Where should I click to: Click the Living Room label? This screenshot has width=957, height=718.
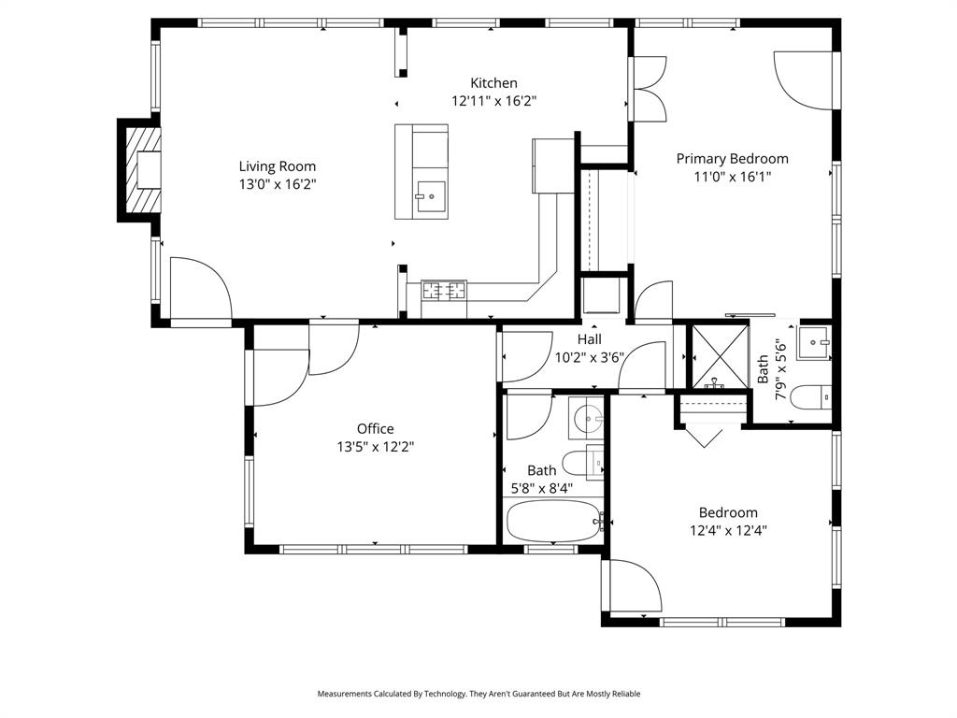(x=277, y=166)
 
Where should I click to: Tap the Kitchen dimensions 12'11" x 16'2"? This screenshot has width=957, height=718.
(x=493, y=101)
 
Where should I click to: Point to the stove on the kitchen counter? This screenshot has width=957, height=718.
(x=444, y=291)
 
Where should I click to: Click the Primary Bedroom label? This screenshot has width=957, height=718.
(x=732, y=159)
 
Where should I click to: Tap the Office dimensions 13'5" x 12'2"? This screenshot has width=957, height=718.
(x=375, y=447)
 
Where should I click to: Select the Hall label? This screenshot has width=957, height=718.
(x=589, y=339)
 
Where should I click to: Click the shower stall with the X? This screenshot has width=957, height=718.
(x=719, y=356)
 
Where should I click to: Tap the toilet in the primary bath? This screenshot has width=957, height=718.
(x=809, y=398)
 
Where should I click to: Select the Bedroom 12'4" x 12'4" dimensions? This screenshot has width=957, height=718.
(x=728, y=530)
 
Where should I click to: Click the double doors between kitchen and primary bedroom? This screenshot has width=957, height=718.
(x=649, y=88)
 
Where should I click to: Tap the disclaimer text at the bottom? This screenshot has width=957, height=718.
(x=478, y=694)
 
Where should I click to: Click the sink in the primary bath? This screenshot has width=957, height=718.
(x=813, y=343)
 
